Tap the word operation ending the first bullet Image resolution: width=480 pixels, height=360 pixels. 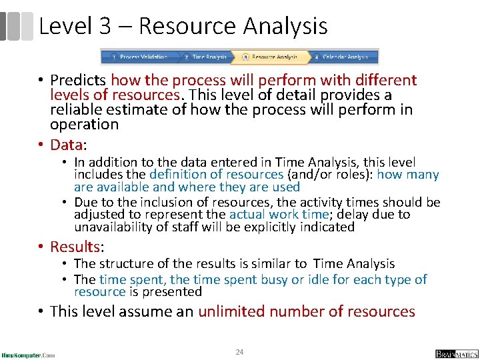(84, 125)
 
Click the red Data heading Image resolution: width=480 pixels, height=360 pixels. (65, 145)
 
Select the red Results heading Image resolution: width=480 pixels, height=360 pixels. (75, 247)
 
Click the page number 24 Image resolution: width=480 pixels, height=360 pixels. (239, 351)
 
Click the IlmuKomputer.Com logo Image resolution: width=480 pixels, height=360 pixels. (28, 354)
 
